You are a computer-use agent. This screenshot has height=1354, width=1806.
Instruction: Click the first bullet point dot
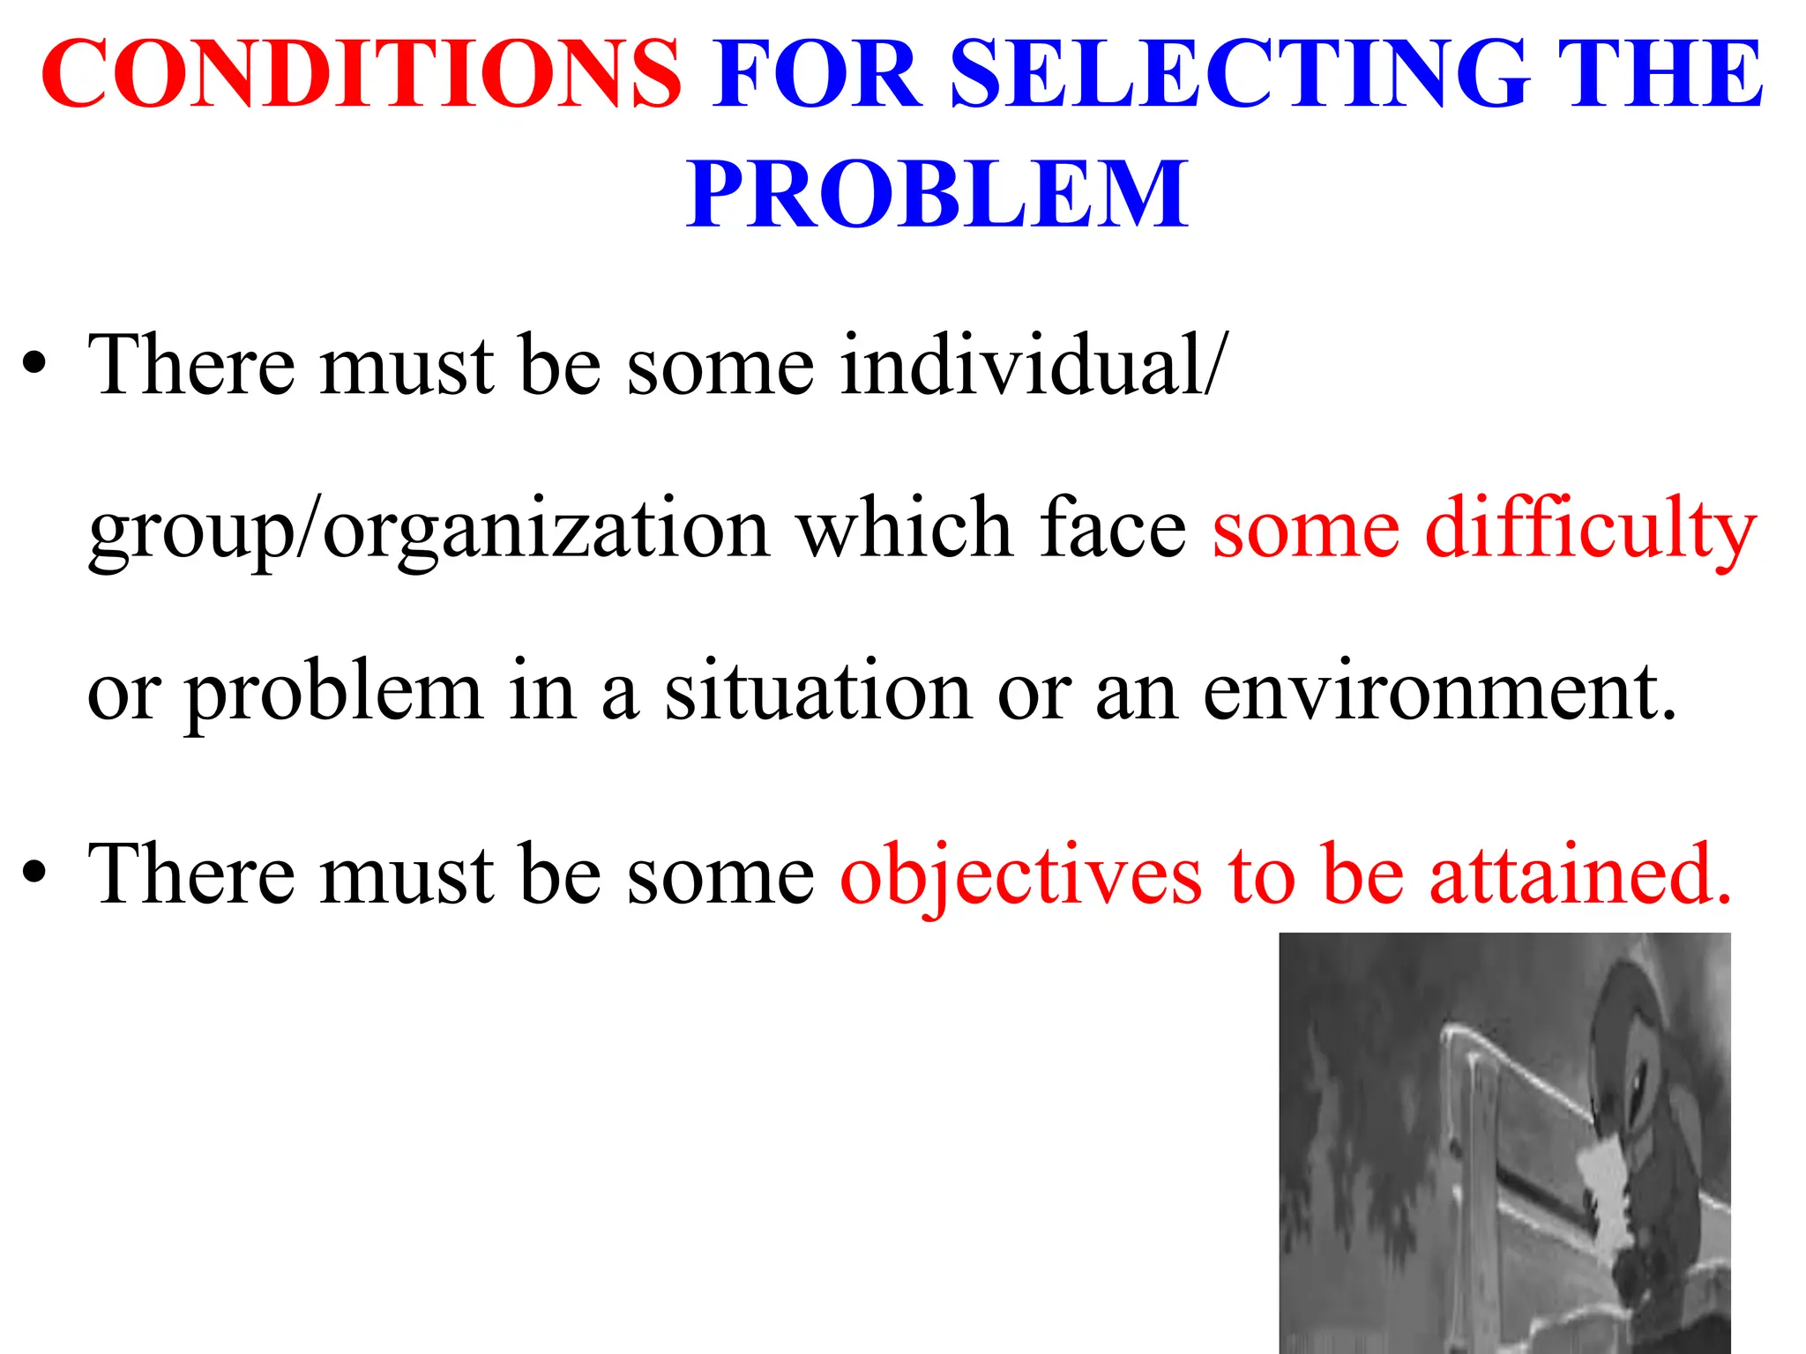[x=34, y=364]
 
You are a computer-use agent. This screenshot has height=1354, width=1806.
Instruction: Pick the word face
[x=1113, y=529]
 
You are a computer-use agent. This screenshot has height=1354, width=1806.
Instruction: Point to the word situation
[x=817, y=692]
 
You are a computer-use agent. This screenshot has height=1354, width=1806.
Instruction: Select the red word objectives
[x=1021, y=874]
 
